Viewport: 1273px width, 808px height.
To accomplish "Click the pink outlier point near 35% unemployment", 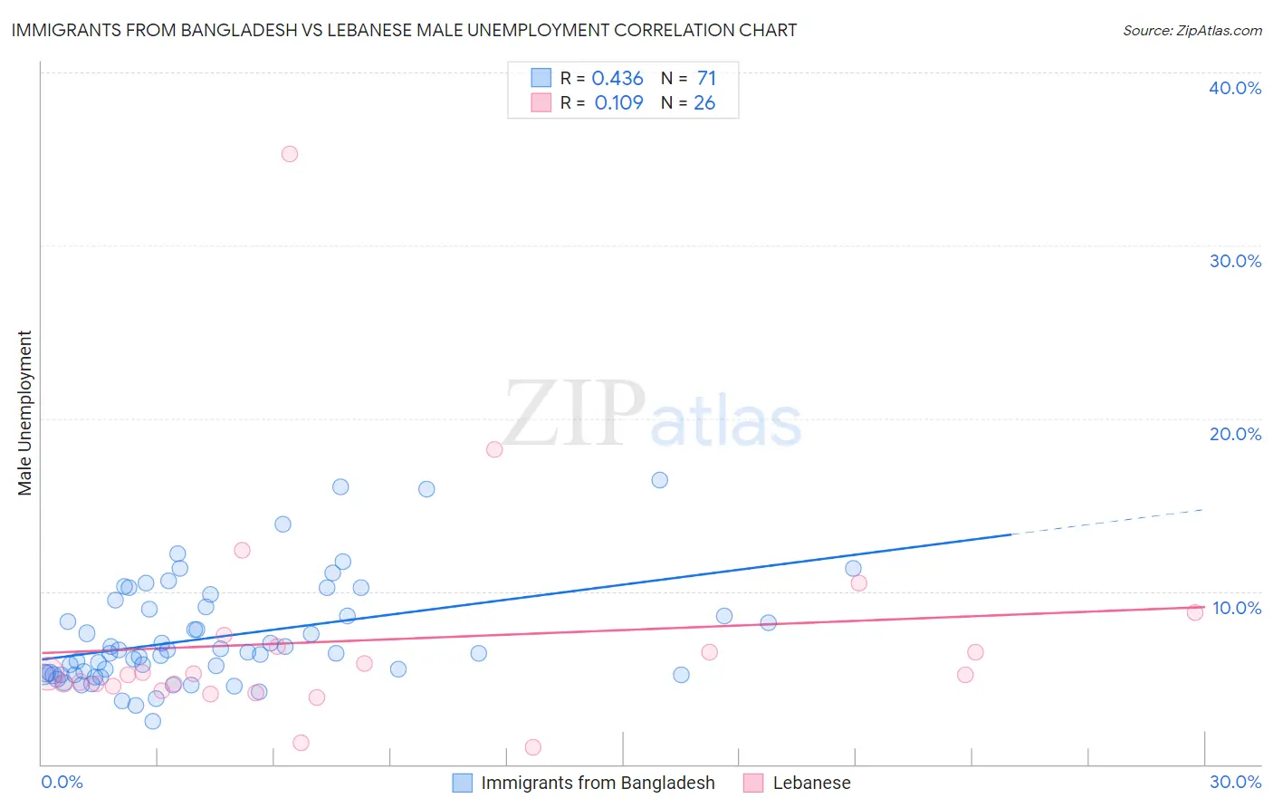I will [x=290, y=154].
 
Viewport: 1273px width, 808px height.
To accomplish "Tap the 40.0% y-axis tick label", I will [x=1235, y=88].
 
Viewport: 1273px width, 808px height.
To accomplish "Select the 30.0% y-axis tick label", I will [x=1235, y=261].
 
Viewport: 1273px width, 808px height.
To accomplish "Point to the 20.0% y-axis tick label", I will [x=1235, y=434].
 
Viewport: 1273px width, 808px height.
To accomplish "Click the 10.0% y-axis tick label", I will [x=1237, y=608].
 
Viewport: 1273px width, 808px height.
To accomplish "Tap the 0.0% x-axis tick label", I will [x=62, y=782].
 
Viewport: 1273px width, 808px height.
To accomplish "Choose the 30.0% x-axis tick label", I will [x=1235, y=782].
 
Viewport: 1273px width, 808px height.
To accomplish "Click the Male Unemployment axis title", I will [x=24, y=413].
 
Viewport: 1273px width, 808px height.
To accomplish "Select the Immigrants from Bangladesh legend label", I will [x=598, y=783].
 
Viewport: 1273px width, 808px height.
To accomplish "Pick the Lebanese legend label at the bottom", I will [x=811, y=783].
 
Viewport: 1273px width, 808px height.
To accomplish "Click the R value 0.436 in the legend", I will [x=617, y=79].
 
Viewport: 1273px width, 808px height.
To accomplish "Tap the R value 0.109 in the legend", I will [x=618, y=103].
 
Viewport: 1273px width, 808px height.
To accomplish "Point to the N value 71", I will [x=706, y=79].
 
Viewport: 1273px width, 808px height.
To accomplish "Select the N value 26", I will [x=704, y=103].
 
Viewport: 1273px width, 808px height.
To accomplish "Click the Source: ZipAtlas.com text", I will [x=1192, y=31].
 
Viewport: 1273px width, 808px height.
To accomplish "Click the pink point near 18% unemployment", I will [x=494, y=449].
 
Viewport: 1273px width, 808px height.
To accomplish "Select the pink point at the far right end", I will [x=1195, y=612].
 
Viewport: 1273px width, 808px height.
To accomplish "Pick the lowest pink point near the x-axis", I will [x=533, y=747].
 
